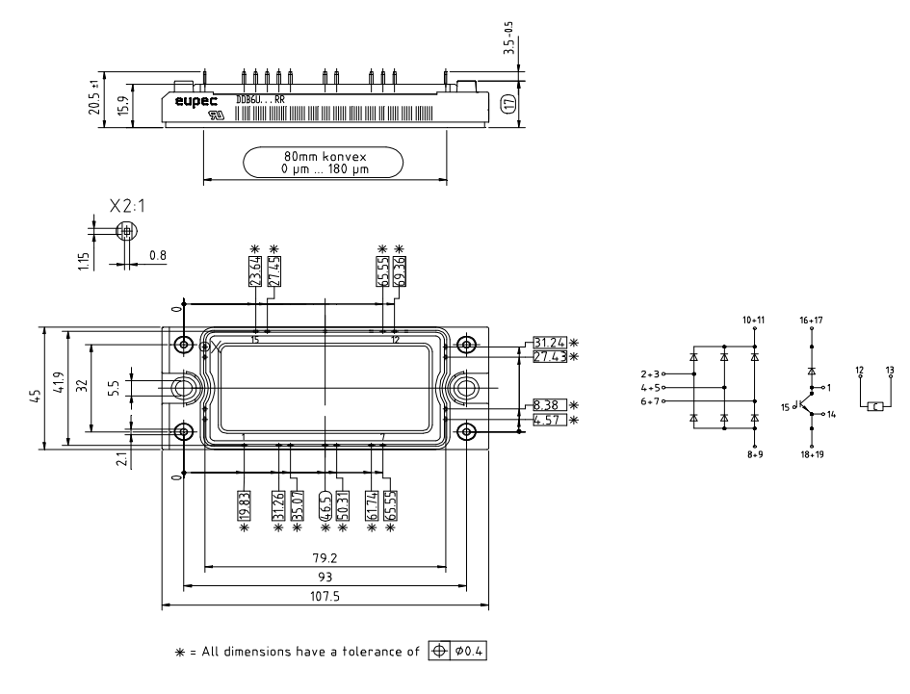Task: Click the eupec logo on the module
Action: point(195,97)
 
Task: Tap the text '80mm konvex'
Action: point(325,156)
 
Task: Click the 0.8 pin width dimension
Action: point(157,256)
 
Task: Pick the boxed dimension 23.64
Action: point(255,272)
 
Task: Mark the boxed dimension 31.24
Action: point(548,343)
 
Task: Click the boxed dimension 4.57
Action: point(548,420)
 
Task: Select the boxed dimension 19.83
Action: point(244,504)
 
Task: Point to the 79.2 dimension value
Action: point(325,558)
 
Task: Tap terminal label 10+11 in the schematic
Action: point(754,319)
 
